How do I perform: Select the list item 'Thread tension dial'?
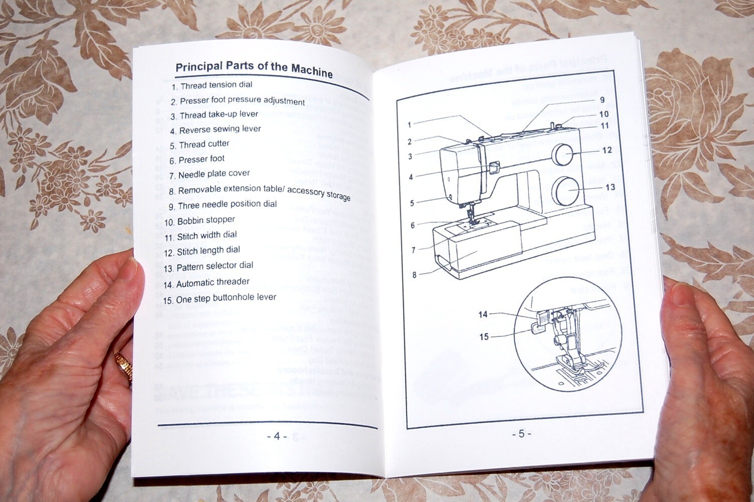click(x=212, y=85)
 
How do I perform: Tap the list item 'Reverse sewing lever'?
click(x=216, y=130)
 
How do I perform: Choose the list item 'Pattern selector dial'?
click(x=209, y=266)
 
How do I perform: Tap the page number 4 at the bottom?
click(x=276, y=436)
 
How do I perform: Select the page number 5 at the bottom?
click(x=521, y=434)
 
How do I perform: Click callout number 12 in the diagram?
click(x=607, y=150)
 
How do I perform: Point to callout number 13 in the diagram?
click(x=610, y=187)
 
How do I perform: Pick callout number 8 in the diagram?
click(x=414, y=275)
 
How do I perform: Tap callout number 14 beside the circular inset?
click(x=483, y=314)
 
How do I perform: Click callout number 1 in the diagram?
click(x=410, y=124)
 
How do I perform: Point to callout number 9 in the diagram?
click(x=602, y=100)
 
